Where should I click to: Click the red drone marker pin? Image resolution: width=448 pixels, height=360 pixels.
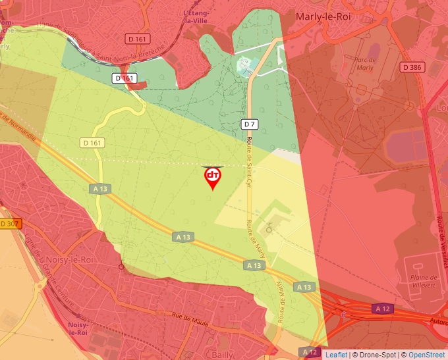(213, 177)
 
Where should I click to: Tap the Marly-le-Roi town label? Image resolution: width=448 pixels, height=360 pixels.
(323, 16)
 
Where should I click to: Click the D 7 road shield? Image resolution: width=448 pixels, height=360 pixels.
(249, 124)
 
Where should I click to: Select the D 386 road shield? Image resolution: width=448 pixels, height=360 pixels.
(412, 67)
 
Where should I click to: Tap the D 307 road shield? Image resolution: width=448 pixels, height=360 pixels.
(10, 224)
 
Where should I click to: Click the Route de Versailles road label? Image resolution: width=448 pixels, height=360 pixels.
(440, 224)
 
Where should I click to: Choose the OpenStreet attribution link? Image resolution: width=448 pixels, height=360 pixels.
(428, 355)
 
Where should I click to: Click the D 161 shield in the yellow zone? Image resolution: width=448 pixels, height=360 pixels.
(92, 142)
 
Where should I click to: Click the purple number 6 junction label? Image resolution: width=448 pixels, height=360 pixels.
(343, 315)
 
